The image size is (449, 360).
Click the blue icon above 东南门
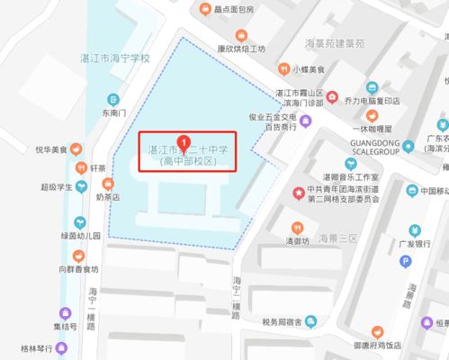(113, 99)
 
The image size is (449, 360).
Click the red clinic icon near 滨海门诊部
(333, 97)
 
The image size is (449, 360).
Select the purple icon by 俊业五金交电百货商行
(306, 121)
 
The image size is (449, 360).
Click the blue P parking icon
(406, 262)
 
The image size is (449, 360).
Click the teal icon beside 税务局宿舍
(310, 320)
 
